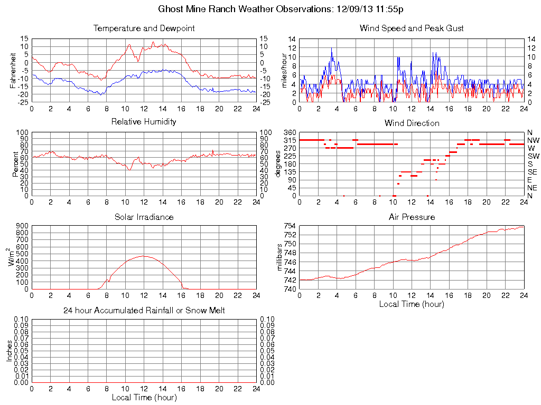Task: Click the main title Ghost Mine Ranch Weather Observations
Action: (x=282, y=9)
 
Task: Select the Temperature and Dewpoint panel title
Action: (x=144, y=28)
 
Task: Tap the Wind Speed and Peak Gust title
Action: (x=412, y=28)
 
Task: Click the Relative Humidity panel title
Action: (x=144, y=122)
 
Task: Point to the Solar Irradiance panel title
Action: (x=144, y=217)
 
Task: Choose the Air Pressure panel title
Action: (x=412, y=217)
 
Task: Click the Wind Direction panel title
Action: (x=412, y=123)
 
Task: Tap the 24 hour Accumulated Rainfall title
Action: (x=144, y=311)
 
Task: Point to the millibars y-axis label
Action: (x=281, y=257)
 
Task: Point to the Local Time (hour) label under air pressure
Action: (x=412, y=304)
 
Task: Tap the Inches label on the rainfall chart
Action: (x=9, y=351)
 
